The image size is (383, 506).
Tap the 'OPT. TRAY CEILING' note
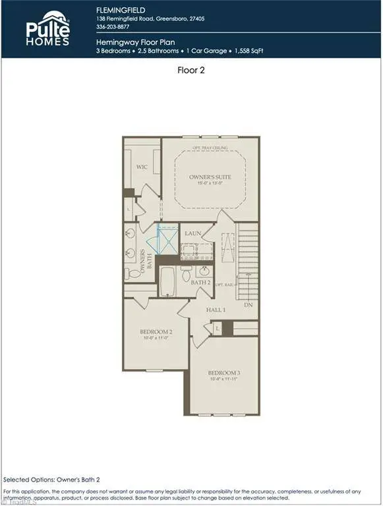coord(210,148)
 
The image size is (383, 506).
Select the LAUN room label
coord(193,233)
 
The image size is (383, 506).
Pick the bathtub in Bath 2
coord(167,281)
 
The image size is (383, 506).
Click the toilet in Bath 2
coord(187,273)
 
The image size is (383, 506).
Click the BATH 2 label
coord(200,283)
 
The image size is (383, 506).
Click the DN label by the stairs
coord(248,305)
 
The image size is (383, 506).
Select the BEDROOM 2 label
coord(156,331)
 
